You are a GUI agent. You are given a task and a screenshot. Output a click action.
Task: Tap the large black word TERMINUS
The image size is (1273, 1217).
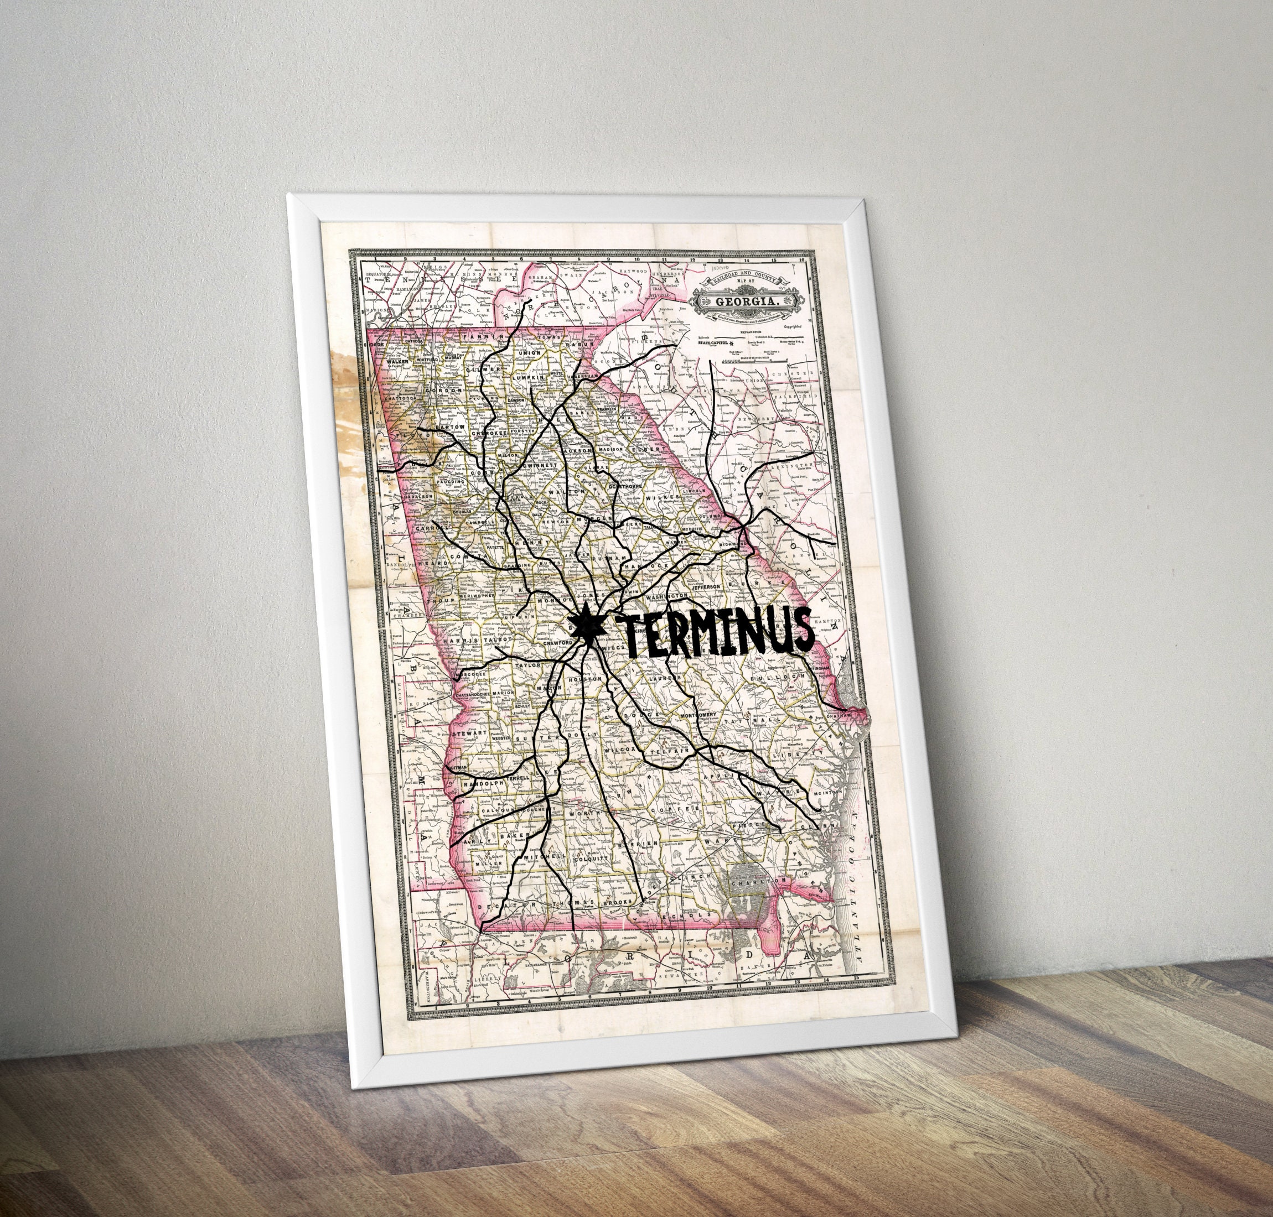point(713,632)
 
